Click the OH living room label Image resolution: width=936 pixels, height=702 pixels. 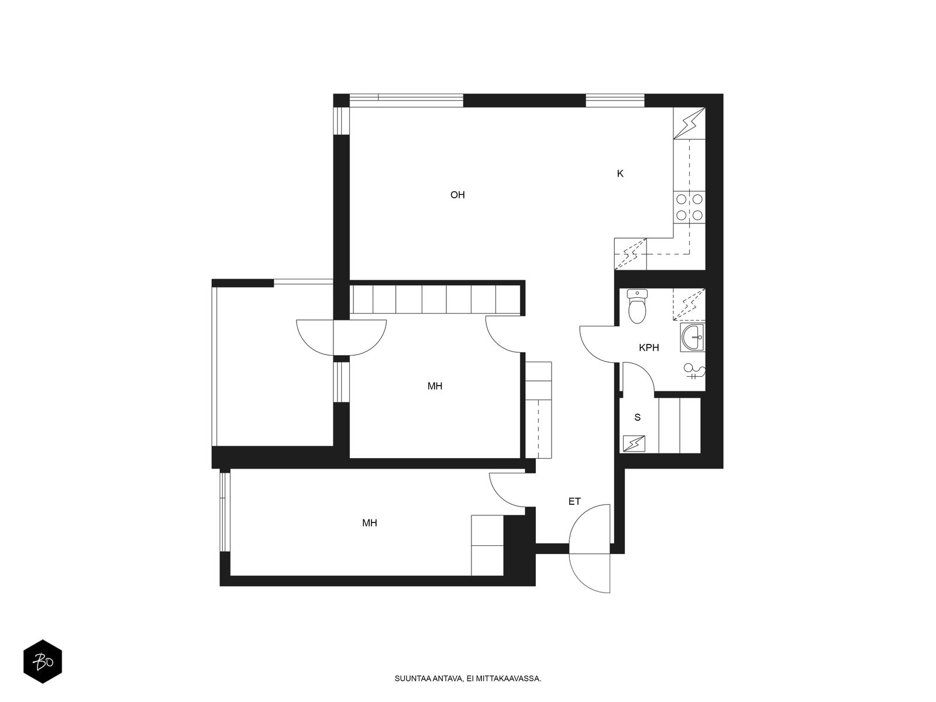(457, 195)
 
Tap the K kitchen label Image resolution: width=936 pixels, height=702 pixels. (620, 174)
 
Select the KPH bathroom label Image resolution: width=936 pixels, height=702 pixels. (649, 348)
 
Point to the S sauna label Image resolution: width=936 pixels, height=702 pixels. (638, 417)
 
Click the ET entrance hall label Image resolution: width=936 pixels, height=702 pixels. (574, 502)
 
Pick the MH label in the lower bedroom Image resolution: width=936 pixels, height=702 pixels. (369, 523)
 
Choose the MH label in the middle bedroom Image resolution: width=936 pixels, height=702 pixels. (435, 386)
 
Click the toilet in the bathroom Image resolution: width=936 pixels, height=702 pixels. (637, 306)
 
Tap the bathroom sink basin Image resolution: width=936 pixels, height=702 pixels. (692, 338)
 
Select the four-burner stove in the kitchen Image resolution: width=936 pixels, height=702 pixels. (689, 207)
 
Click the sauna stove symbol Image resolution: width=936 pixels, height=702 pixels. (634, 443)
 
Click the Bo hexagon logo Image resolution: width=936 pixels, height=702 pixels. (43, 662)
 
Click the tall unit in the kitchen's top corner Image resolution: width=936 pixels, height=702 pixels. (689, 123)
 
